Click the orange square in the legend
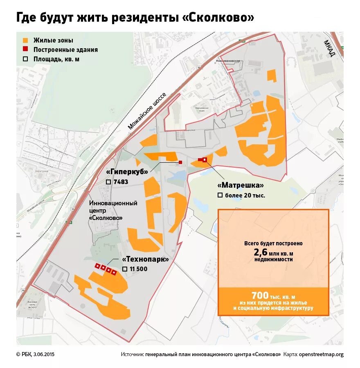(25, 40)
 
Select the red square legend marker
(25, 50)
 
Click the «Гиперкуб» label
(127, 172)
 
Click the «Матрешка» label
(239, 185)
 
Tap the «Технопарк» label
(145, 260)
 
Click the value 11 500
(138, 269)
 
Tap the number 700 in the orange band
(260, 295)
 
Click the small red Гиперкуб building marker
(180, 162)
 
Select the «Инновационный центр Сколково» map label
(113, 210)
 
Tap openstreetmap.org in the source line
(321, 354)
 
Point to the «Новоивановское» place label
(227, 60)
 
